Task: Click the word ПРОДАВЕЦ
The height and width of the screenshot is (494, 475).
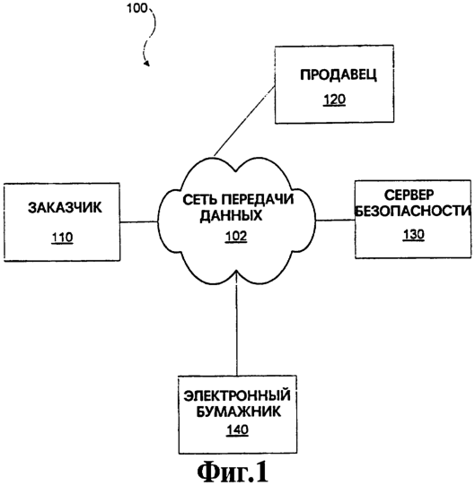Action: pyautogui.click(x=339, y=75)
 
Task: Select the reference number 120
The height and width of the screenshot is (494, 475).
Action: pyautogui.click(x=335, y=100)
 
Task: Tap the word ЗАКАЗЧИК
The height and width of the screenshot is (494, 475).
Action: pyautogui.click(x=65, y=208)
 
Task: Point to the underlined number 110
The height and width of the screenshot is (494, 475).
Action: pyautogui.click(x=63, y=238)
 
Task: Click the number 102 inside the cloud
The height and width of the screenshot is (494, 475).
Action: pyautogui.click(x=236, y=237)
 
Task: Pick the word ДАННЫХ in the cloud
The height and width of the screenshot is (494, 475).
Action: pyautogui.click(x=232, y=216)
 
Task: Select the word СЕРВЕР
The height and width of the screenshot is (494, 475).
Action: pyautogui.click(x=409, y=195)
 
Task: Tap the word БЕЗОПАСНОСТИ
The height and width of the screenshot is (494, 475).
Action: pyautogui.click(x=413, y=211)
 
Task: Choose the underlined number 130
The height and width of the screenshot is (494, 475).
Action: pyautogui.click(x=413, y=235)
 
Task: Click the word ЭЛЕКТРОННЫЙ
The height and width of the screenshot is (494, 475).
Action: pyautogui.click(x=237, y=395)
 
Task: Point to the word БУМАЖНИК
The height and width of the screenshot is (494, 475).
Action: pyautogui.click(x=238, y=412)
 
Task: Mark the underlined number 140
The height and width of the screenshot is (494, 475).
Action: pyautogui.click(x=237, y=429)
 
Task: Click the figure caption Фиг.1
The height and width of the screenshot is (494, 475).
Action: pyautogui.click(x=233, y=473)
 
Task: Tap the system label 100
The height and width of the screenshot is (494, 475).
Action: pyautogui.click(x=137, y=8)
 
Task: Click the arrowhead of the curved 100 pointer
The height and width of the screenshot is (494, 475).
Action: pyautogui.click(x=146, y=64)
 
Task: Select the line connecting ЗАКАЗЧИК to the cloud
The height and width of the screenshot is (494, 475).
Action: pyautogui.click(x=139, y=222)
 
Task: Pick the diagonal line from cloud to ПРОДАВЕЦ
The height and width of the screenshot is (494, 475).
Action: pyautogui.click(x=244, y=121)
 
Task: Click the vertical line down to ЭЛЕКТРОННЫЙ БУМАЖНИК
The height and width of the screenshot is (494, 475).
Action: pyautogui.click(x=236, y=324)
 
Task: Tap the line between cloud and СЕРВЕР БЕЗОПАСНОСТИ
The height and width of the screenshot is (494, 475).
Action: pyautogui.click(x=335, y=221)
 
